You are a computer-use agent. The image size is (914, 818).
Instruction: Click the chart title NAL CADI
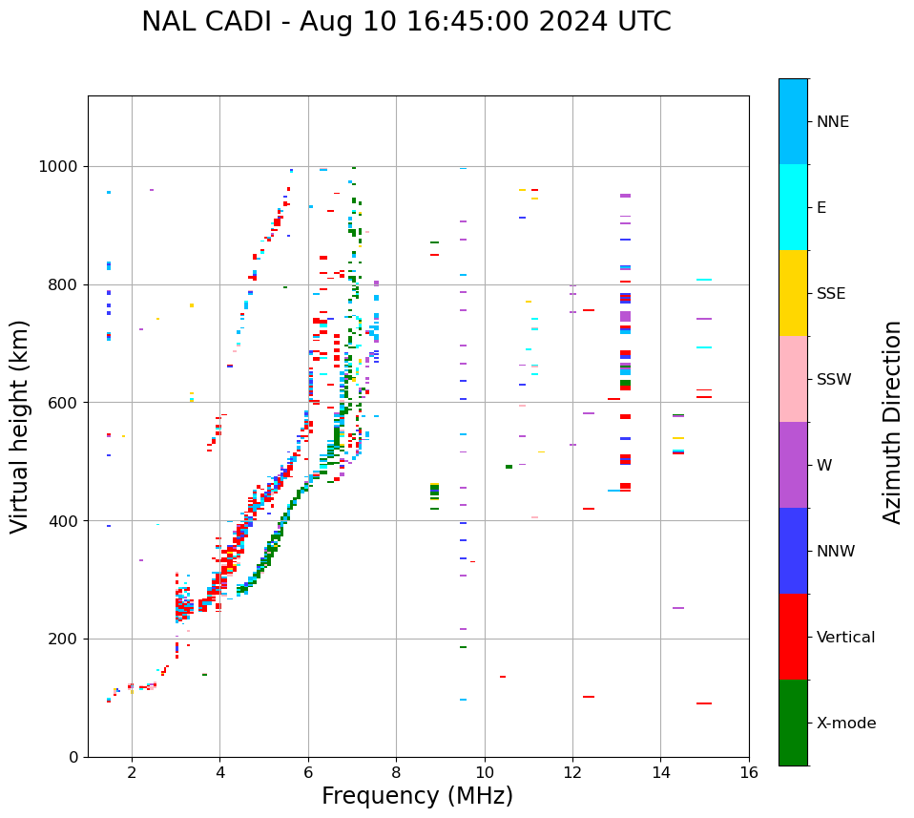coord(405,22)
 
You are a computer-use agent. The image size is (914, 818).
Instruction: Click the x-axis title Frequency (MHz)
coord(417,796)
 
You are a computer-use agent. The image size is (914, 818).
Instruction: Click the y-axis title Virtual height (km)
coord(20,427)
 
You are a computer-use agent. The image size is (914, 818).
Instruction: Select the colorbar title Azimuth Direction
coord(892,422)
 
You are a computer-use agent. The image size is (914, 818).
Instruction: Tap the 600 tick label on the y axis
coord(66,403)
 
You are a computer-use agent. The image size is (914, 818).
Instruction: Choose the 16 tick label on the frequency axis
coord(749,772)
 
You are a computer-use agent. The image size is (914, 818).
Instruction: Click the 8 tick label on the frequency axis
coord(396,772)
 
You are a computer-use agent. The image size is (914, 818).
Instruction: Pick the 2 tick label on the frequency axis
coord(132,772)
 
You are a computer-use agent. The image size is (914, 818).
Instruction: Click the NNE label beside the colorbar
coord(832,122)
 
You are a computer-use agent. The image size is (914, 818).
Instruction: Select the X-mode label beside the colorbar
coord(845,724)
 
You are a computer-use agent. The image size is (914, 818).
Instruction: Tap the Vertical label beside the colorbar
coord(845,638)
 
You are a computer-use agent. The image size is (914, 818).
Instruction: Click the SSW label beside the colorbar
coord(834,380)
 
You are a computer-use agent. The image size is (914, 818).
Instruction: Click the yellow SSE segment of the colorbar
coord(793,293)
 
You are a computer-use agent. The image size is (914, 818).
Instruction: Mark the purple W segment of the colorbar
coord(793,465)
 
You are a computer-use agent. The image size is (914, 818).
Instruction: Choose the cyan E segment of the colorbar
coord(793,207)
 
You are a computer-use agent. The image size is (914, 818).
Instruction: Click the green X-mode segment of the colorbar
coord(793,723)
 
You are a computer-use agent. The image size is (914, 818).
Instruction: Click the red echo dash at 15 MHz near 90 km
coord(704,703)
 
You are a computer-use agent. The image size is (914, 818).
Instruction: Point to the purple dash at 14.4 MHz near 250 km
coord(678,608)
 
